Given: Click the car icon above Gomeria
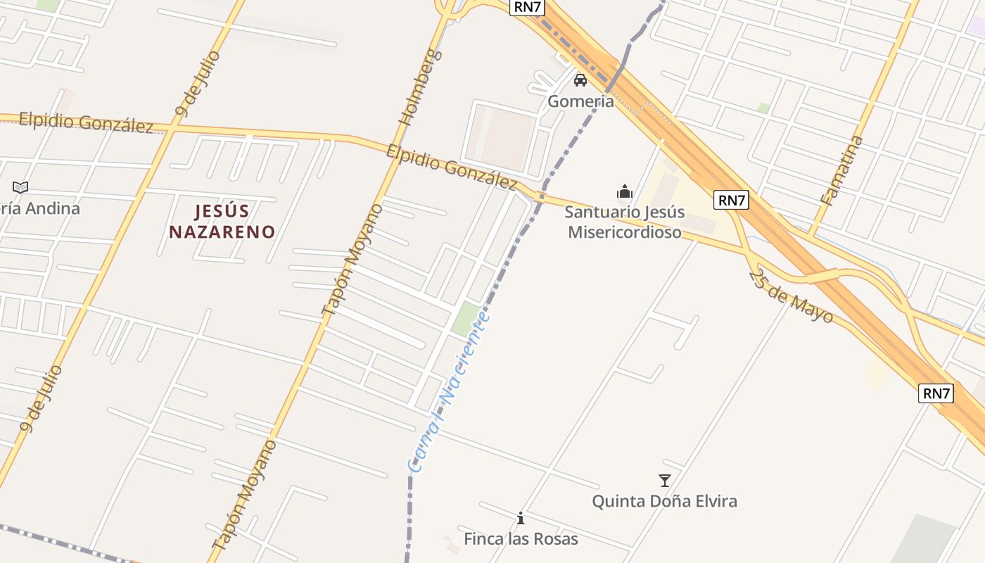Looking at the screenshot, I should pyautogui.click(x=580, y=80).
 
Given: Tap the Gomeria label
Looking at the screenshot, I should pyautogui.click(x=580, y=101).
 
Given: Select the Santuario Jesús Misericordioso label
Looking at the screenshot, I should pyautogui.click(x=624, y=222).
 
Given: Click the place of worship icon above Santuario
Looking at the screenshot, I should pyautogui.click(x=624, y=191).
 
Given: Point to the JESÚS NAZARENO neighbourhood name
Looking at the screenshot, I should pyautogui.click(x=222, y=221).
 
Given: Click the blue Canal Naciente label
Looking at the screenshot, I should pyautogui.click(x=448, y=392).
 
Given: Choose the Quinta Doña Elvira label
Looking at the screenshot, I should pyautogui.click(x=664, y=501).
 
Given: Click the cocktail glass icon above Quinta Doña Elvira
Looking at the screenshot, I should pyautogui.click(x=664, y=481).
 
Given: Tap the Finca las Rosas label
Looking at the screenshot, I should pyautogui.click(x=521, y=539).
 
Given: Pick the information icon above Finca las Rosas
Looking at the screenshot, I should pyautogui.click(x=521, y=519).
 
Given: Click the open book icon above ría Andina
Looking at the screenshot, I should pyautogui.click(x=20, y=188).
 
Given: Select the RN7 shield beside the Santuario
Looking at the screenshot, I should pyautogui.click(x=731, y=200).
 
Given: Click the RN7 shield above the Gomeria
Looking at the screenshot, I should pyautogui.click(x=528, y=7).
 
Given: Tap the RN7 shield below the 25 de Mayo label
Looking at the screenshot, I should pyautogui.click(x=936, y=393).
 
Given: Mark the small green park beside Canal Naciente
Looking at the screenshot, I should pyautogui.click(x=464, y=319).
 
